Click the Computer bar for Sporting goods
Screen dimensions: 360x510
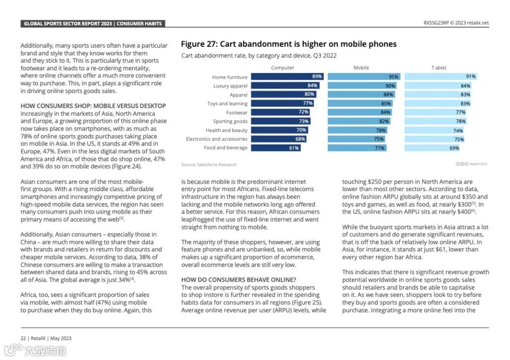[x=280, y=121]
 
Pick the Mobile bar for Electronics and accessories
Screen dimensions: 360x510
[x=357, y=139]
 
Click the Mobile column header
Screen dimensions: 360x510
[x=361, y=68]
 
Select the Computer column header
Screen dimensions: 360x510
[x=282, y=68]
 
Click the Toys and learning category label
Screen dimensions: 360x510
[x=227, y=104]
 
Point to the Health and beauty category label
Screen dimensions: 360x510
[x=226, y=130]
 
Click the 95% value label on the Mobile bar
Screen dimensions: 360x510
[x=393, y=77]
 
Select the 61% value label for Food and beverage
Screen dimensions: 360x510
[x=294, y=148]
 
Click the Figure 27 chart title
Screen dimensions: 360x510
[x=289, y=44]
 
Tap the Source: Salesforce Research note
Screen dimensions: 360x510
[x=209, y=165]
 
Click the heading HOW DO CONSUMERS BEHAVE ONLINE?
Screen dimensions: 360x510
[x=238, y=280]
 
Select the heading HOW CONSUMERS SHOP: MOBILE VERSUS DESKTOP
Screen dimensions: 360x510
[x=93, y=106]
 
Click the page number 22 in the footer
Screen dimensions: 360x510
[x=23, y=338]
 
